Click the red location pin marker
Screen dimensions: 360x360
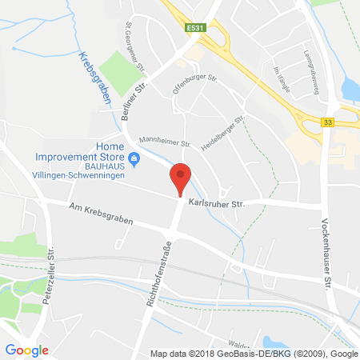[x=182, y=178]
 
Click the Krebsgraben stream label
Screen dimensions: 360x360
[x=95, y=78]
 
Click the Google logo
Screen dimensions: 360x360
[x=26, y=350]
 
